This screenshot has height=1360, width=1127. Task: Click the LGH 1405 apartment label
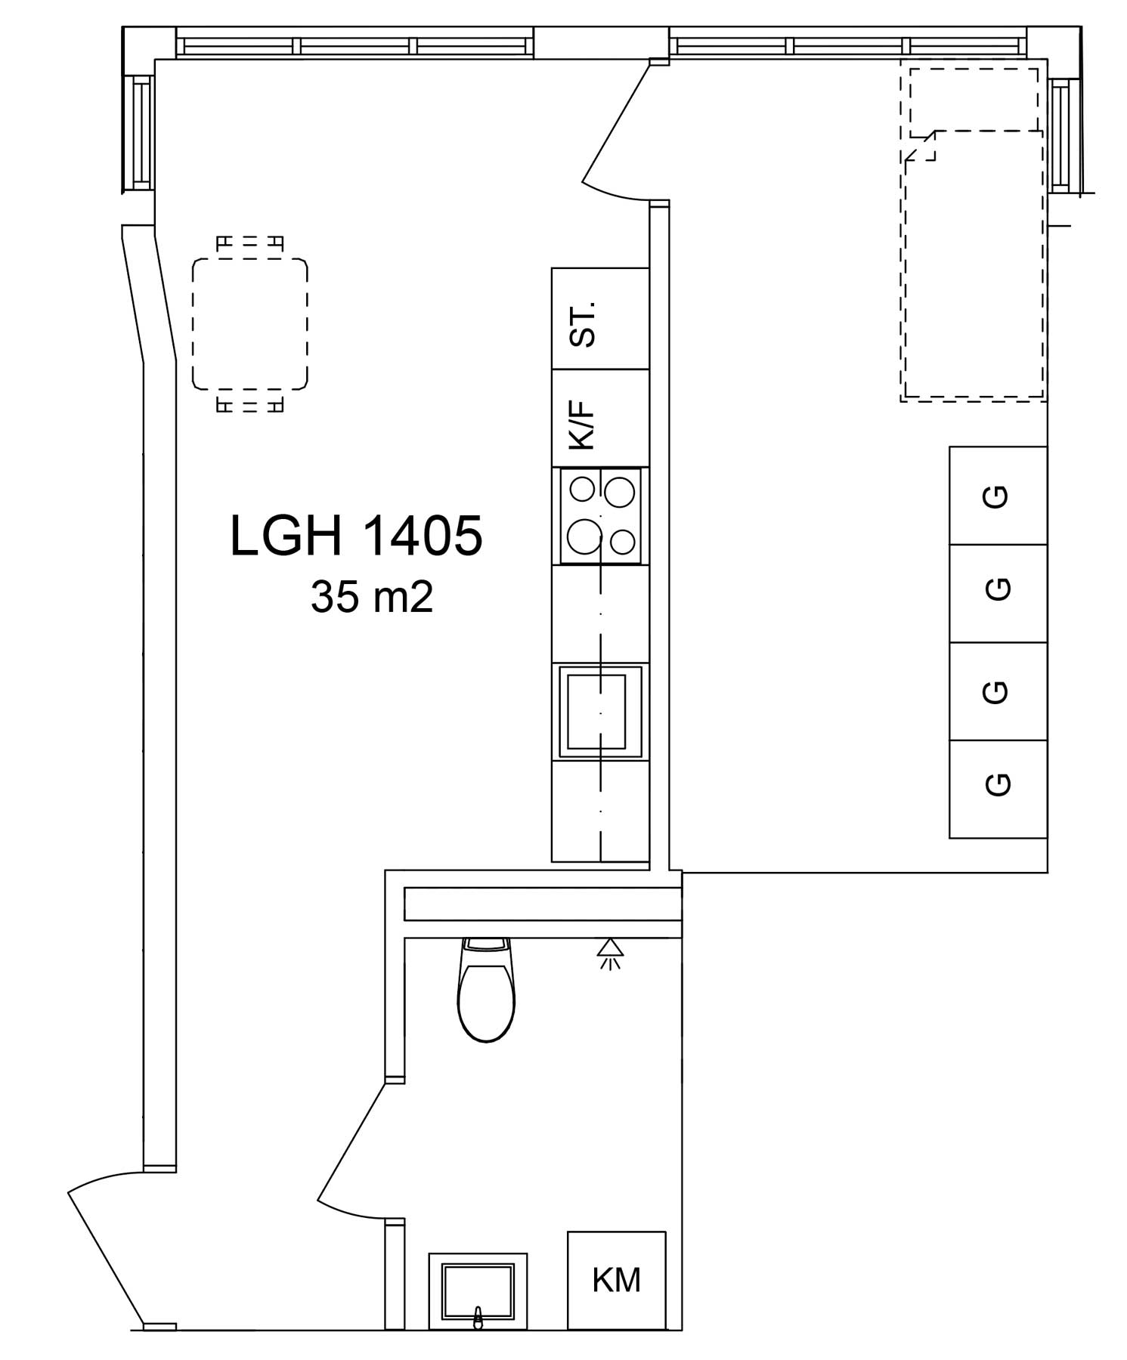(356, 536)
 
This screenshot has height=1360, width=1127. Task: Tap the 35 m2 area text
(371, 598)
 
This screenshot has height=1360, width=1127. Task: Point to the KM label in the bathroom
(616, 1280)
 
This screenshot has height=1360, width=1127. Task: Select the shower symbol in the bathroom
(610, 954)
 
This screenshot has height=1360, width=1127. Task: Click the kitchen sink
(599, 711)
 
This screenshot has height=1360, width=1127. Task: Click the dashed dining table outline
(249, 324)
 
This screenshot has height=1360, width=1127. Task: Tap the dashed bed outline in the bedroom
(974, 264)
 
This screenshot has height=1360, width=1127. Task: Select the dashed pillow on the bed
(974, 100)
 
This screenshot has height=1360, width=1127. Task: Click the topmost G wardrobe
(998, 496)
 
